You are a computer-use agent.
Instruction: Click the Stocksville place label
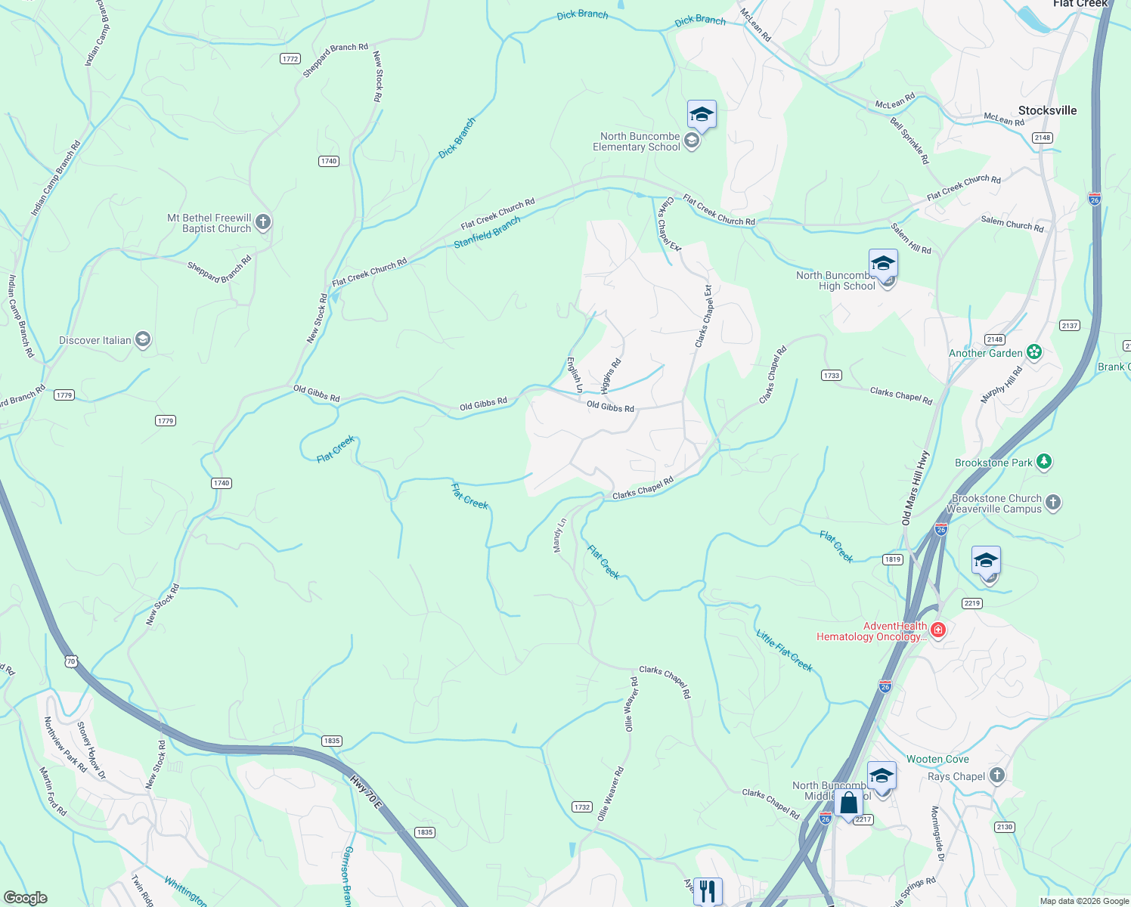pyautogui.click(x=1047, y=110)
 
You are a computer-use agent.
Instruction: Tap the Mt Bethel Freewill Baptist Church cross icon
pyautogui.click(x=263, y=222)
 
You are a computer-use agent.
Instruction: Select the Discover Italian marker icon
pyautogui.click(x=143, y=340)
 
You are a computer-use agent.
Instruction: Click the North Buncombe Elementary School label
pyautogui.click(x=636, y=142)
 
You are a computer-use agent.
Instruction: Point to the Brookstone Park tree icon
pyautogui.click(x=1044, y=462)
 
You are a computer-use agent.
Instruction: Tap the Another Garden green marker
pyautogui.click(x=1034, y=352)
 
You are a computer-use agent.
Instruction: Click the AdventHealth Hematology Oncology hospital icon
pyautogui.click(x=938, y=630)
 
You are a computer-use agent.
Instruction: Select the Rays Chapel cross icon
pyautogui.click(x=997, y=775)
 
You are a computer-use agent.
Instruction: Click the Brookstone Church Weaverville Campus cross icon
pyautogui.click(x=1053, y=503)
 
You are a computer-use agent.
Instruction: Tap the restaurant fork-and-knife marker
pyautogui.click(x=708, y=890)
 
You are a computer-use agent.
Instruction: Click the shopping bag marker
pyautogui.click(x=849, y=804)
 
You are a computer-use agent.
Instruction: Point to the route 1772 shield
pyautogui.click(x=290, y=58)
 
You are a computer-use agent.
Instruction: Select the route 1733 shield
pyautogui.click(x=831, y=375)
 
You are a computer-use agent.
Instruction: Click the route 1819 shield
pyautogui.click(x=893, y=559)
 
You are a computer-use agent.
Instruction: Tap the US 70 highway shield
pyautogui.click(x=71, y=661)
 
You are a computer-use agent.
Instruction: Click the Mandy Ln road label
pyautogui.click(x=559, y=535)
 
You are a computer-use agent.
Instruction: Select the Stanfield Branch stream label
pyautogui.click(x=487, y=232)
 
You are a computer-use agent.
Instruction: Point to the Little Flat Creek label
pyautogui.click(x=784, y=650)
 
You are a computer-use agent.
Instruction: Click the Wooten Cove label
pyautogui.click(x=937, y=759)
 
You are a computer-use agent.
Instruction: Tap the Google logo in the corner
pyautogui.click(x=25, y=898)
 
